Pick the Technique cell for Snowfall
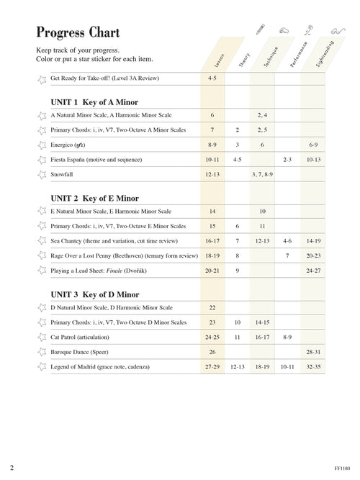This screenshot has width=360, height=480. (x=262, y=174)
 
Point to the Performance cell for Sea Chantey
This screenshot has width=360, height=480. (x=287, y=241)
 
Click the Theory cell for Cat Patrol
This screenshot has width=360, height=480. (x=237, y=337)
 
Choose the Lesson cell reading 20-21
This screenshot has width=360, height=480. (x=212, y=271)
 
